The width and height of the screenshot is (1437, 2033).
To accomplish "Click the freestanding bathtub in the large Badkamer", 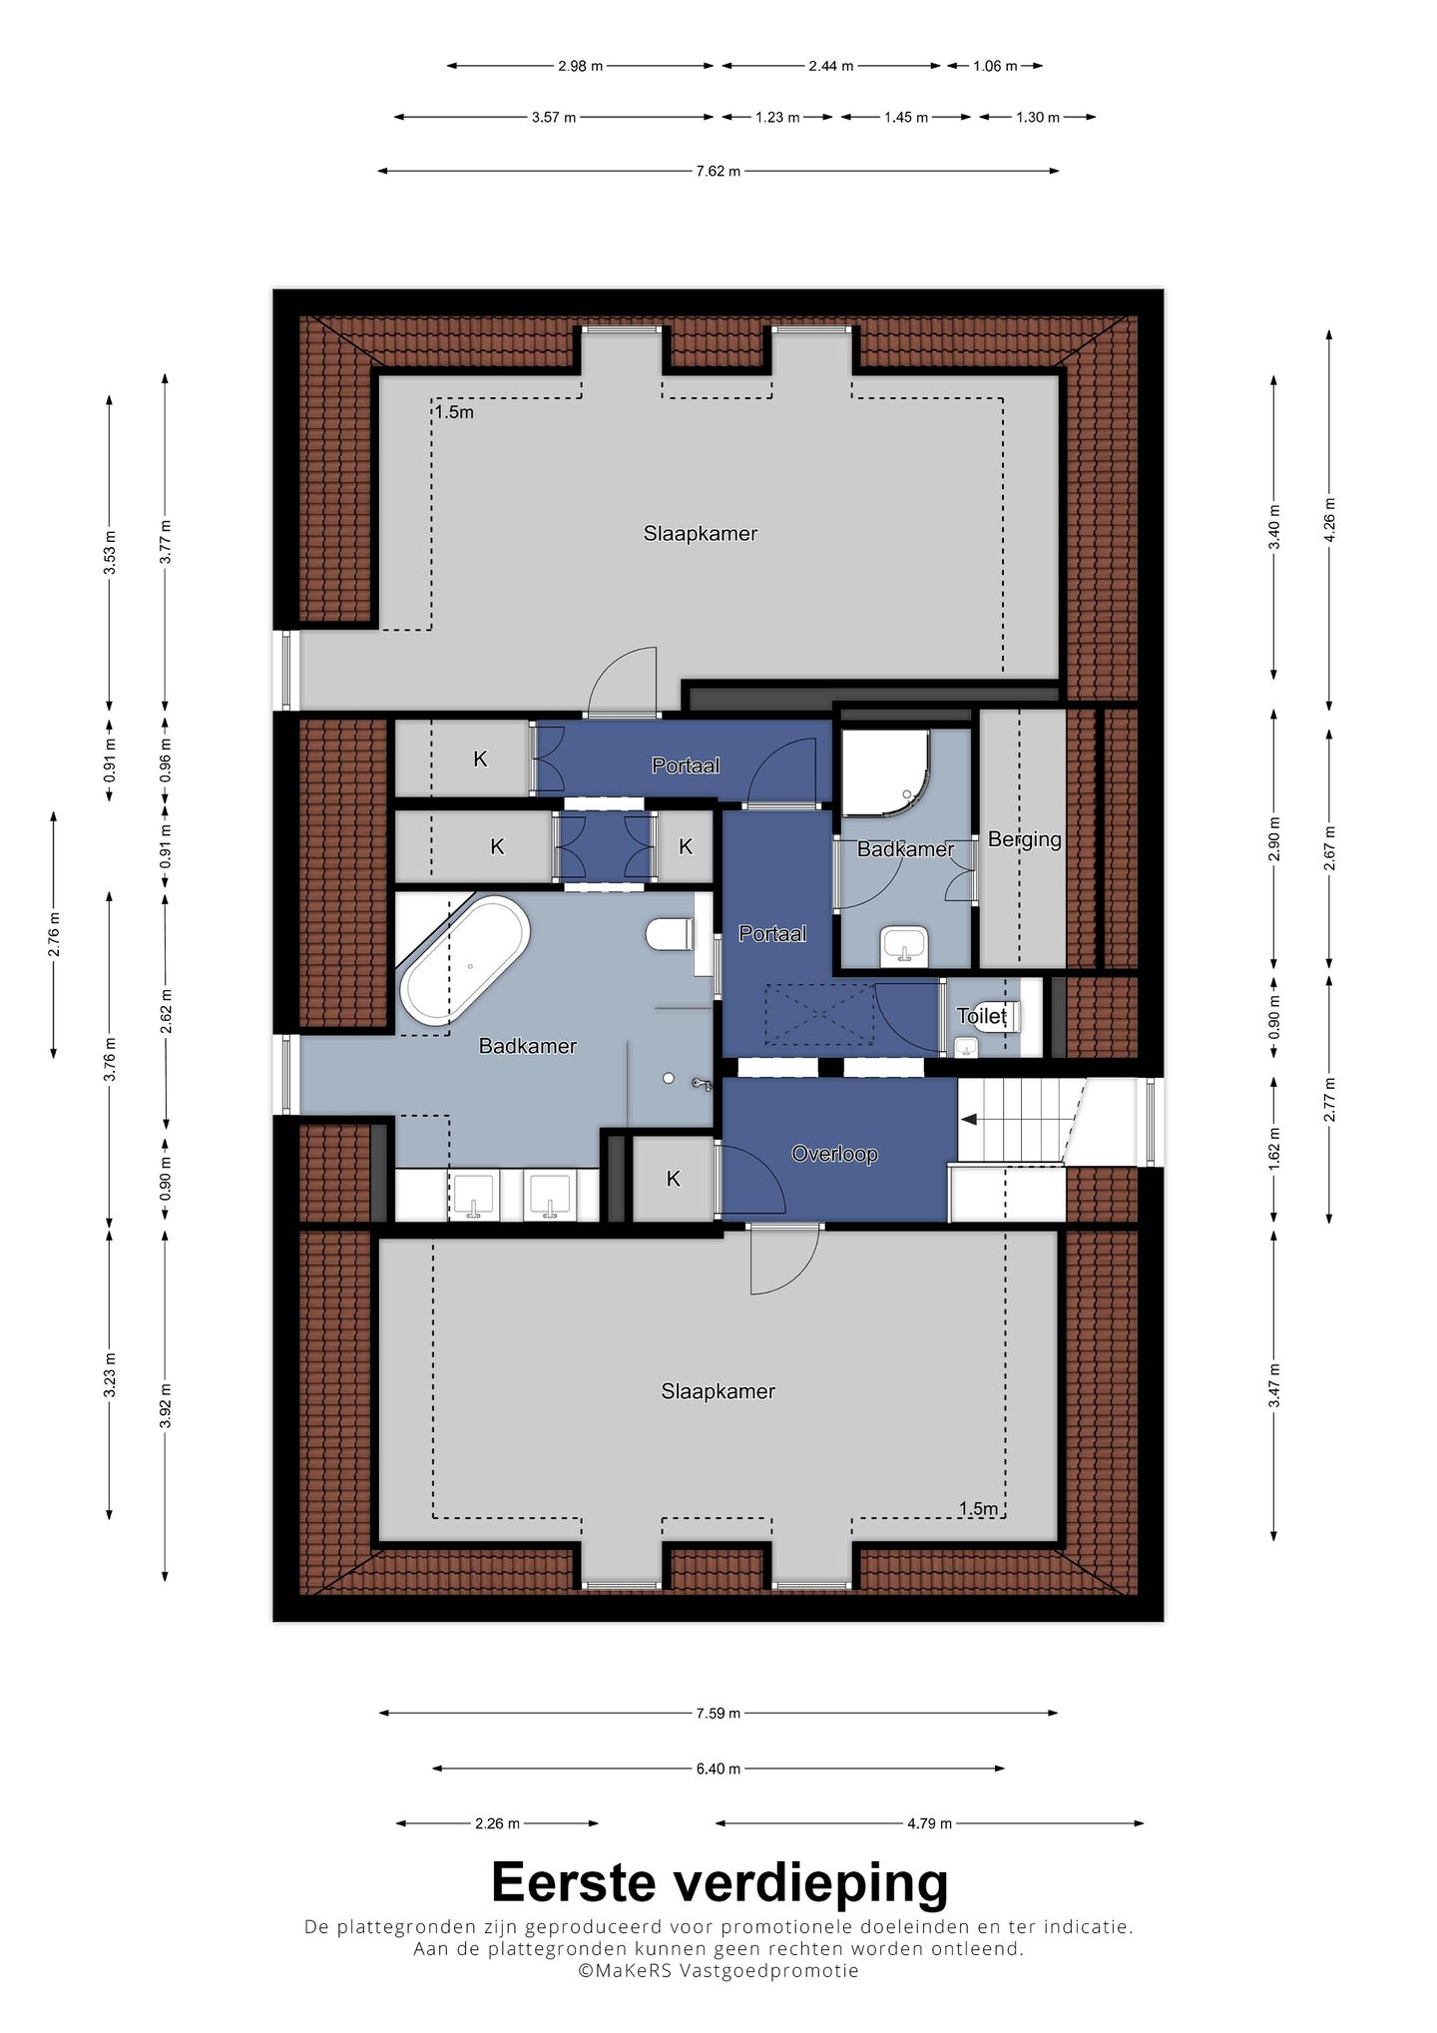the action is point(464,958).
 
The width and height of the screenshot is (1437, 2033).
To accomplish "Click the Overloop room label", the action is point(834,1154).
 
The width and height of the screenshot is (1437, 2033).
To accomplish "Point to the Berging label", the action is point(1024,839).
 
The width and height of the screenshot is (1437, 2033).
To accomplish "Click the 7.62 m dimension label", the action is point(718,171).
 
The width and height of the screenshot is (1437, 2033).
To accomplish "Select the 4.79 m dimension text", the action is point(929,1823).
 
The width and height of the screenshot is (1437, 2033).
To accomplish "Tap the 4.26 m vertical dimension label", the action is point(1329,518).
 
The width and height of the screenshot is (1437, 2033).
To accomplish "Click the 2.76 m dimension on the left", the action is point(54,935).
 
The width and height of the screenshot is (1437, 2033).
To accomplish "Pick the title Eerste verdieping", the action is point(718,1882).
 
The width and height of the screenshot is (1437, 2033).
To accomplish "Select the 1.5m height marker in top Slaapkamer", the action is point(454,412).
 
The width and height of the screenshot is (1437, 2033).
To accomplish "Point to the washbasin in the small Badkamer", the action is point(905,946).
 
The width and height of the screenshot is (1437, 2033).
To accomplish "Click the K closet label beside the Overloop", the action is point(673,1179).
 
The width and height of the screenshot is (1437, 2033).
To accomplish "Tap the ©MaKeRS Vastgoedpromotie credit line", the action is point(718,1970).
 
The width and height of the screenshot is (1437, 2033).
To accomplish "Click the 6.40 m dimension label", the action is point(718,1769).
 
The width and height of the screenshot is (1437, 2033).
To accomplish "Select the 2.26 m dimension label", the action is point(497,1823).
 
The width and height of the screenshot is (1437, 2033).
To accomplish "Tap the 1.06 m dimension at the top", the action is point(995,66).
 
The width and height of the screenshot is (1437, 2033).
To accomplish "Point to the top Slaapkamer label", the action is point(700,534).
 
